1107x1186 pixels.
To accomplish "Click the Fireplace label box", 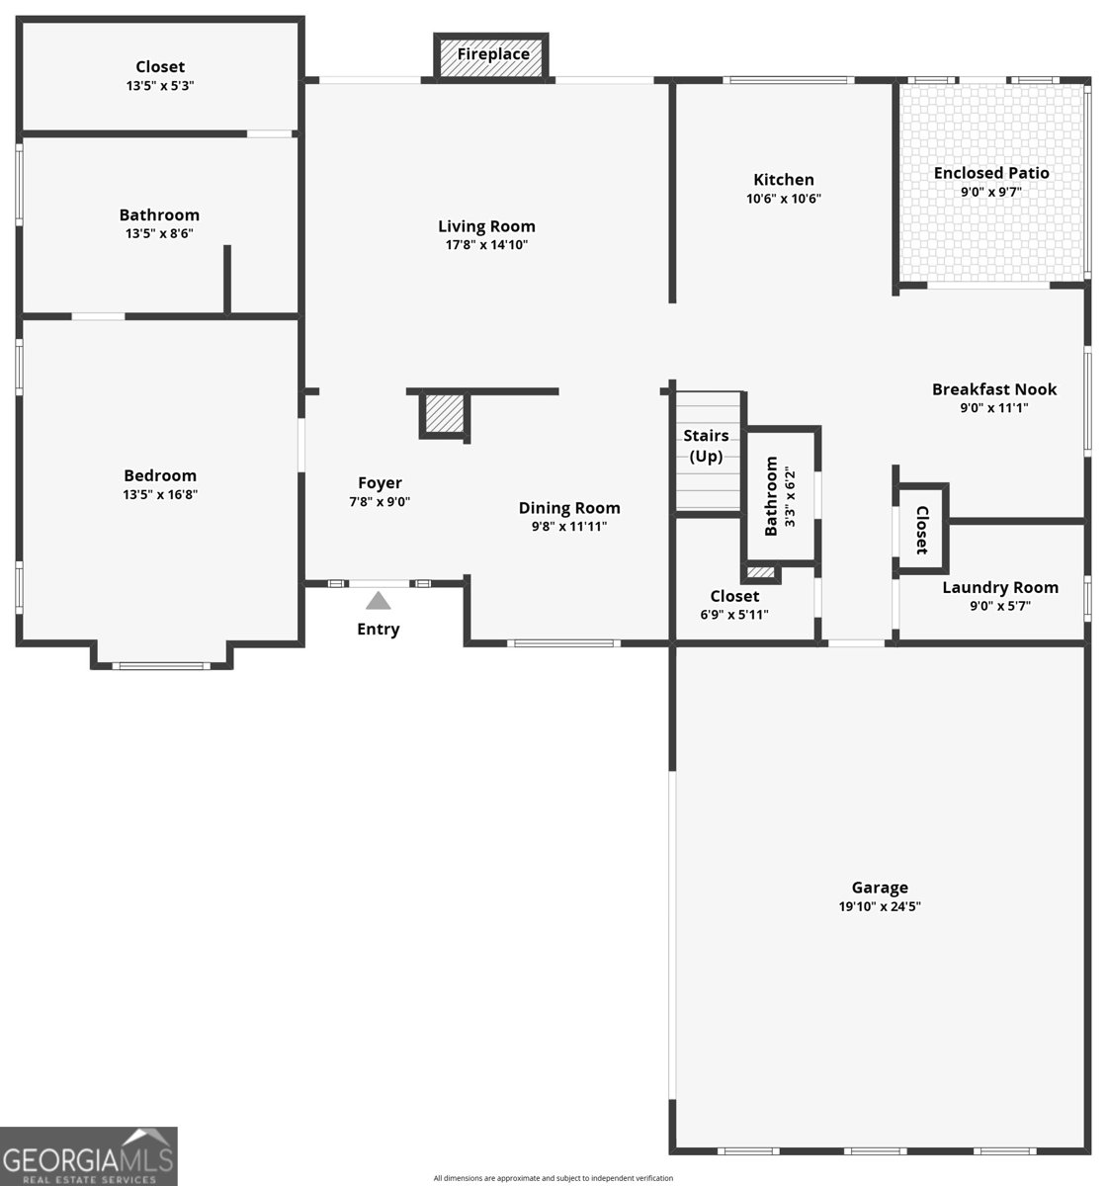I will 492,55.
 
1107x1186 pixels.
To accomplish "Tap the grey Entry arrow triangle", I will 378,600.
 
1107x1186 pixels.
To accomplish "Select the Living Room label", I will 486,226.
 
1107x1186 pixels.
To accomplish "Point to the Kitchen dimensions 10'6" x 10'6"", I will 784,199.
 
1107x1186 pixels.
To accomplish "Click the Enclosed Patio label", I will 991,173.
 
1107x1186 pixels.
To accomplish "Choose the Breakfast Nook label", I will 993,389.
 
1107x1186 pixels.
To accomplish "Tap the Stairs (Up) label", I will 707,446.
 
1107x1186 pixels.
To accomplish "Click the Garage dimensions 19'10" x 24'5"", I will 880,906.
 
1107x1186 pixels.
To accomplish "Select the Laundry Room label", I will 999,587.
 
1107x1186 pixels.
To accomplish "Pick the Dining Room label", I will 569,508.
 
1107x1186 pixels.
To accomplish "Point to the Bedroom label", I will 160,475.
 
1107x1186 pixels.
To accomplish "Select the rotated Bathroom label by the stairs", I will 772,496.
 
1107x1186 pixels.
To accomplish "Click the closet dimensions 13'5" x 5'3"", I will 160,86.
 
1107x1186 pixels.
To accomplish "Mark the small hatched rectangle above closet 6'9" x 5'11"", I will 761,572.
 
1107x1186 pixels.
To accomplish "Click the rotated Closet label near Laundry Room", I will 921,530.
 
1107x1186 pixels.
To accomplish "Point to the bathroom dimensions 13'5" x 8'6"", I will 159,234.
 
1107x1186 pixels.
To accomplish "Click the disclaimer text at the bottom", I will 553,1178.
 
